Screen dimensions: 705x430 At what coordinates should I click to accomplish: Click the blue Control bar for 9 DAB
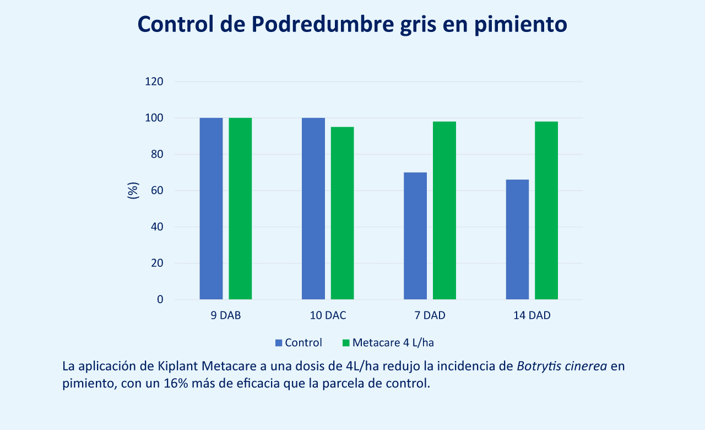[x=211, y=208]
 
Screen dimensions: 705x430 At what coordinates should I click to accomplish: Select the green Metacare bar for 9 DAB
[x=240, y=208]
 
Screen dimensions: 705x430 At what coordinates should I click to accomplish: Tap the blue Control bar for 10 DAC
[x=313, y=208]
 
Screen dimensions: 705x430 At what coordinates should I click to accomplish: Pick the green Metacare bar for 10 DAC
[x=342, y=213]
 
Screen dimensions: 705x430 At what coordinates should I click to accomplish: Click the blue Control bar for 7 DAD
[x=415, y=235]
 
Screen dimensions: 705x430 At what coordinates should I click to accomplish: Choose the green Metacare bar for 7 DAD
[x=444, y=211]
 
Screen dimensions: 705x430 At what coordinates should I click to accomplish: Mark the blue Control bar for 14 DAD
[x=517, y=239]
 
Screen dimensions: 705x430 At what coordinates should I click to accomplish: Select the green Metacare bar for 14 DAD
[x=546, y=211]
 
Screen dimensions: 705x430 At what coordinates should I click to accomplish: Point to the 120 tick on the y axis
[x=154, y=82]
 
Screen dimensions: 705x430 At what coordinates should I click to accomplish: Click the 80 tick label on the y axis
[x=157, y=154]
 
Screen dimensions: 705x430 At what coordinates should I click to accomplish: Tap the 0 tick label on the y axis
[x=160, y=299]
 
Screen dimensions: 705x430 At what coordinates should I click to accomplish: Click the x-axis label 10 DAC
[x=328, y=315]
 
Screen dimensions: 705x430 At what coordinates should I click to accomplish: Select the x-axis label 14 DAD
[x=532, y=315]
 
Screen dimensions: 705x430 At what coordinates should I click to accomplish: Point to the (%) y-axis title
[x=133, y=190]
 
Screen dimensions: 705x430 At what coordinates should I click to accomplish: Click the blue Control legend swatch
[x=279, y=343]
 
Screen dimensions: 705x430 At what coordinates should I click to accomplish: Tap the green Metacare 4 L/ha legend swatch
[x=346, y=343]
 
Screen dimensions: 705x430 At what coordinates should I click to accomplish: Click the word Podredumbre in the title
[x=323, y=24]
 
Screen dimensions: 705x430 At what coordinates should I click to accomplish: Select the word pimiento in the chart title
[x=520, y=25]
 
